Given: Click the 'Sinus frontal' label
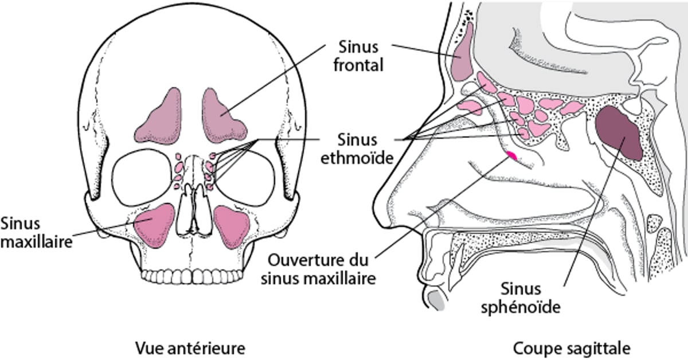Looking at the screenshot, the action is (x=358, y=56).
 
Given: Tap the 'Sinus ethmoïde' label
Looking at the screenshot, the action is (x=357, y=149).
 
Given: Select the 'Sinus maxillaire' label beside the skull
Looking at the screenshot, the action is (x=36, y=233).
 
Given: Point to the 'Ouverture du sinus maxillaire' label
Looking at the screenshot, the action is (x=318, y=269).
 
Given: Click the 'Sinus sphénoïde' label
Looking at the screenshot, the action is (x=521, y=298).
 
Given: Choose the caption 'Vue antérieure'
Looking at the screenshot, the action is (x=190, y=349).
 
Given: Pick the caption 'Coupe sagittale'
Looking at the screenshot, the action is (x=572, y=349).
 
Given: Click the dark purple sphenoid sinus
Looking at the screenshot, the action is (x=618, y=132).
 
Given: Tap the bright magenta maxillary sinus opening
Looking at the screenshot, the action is (x=511, y=155).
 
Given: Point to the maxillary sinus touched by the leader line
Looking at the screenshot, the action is (x=154, y=225).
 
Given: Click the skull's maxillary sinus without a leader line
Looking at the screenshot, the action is (x=232, y=226).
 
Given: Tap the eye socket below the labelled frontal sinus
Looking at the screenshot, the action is (x=244, y=178).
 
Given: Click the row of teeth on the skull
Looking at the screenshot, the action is (x=192, y=276).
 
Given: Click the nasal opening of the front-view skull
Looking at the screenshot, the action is (x=194, y=212).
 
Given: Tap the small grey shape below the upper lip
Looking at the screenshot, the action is (x=437, y=300).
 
